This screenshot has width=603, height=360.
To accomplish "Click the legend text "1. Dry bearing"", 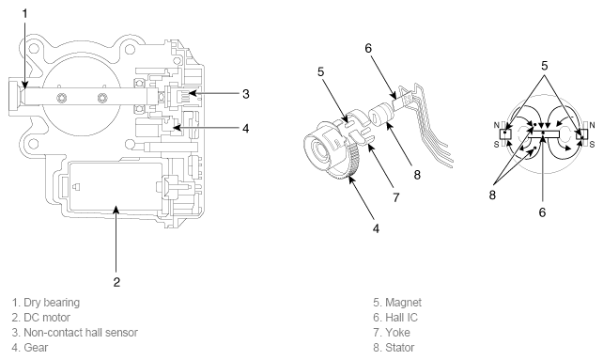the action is click(x=46, y=303).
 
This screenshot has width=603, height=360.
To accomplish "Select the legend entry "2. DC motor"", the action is click(x=40, y=318).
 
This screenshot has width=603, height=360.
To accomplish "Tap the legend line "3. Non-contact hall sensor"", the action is click(x=74, y=333).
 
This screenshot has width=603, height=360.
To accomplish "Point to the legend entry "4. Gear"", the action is click(x=30, y=348).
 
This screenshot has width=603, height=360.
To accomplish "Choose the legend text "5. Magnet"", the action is click(x=397, y=303).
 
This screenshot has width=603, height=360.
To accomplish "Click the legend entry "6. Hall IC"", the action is click(x=395, y=318).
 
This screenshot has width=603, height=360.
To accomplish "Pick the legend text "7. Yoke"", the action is click(x=392, y=333).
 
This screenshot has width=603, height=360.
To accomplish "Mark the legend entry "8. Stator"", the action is click(x=394, y=348).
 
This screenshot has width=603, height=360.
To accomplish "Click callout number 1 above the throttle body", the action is click(x=25, y=14).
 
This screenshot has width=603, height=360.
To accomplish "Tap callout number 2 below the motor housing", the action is click(x=116, y=282).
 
